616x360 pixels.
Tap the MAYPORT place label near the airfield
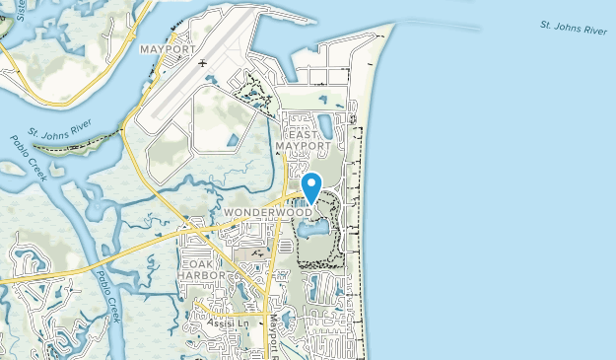point(169,48)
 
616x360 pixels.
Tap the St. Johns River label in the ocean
point(574,30)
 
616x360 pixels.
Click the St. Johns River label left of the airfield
point(59,130)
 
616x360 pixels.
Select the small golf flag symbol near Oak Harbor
point(253,253)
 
